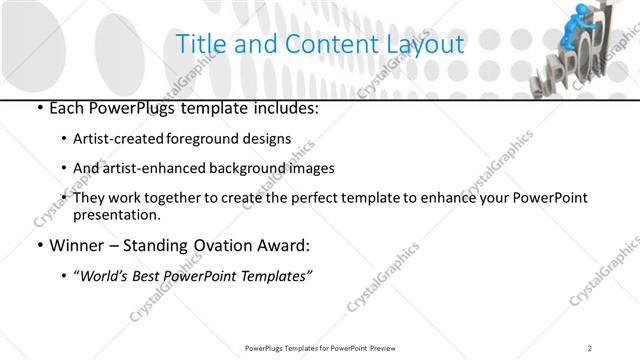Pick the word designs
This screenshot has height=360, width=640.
(x=269, y=138)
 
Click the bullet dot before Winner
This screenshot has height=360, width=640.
(x=39, y=246)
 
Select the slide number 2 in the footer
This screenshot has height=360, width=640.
(x=591, y=347)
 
